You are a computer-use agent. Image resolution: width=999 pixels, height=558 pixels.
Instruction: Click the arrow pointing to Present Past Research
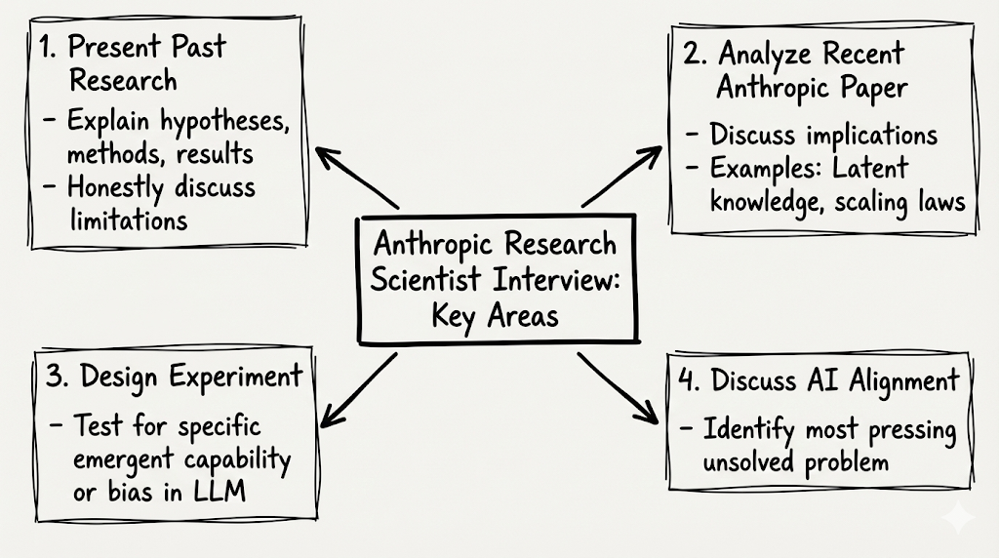[x=356, y=179]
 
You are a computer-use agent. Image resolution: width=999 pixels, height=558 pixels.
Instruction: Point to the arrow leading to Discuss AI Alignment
[x=618, y=387]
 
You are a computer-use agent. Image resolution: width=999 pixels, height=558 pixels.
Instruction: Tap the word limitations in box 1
[x=128, y=219]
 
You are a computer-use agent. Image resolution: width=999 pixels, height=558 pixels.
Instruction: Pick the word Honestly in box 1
[x=116, y=187]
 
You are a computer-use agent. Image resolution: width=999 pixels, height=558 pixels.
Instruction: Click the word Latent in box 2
[x=869, y=168]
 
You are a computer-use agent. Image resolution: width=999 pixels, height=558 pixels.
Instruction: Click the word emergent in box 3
[x=121, y=458]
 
